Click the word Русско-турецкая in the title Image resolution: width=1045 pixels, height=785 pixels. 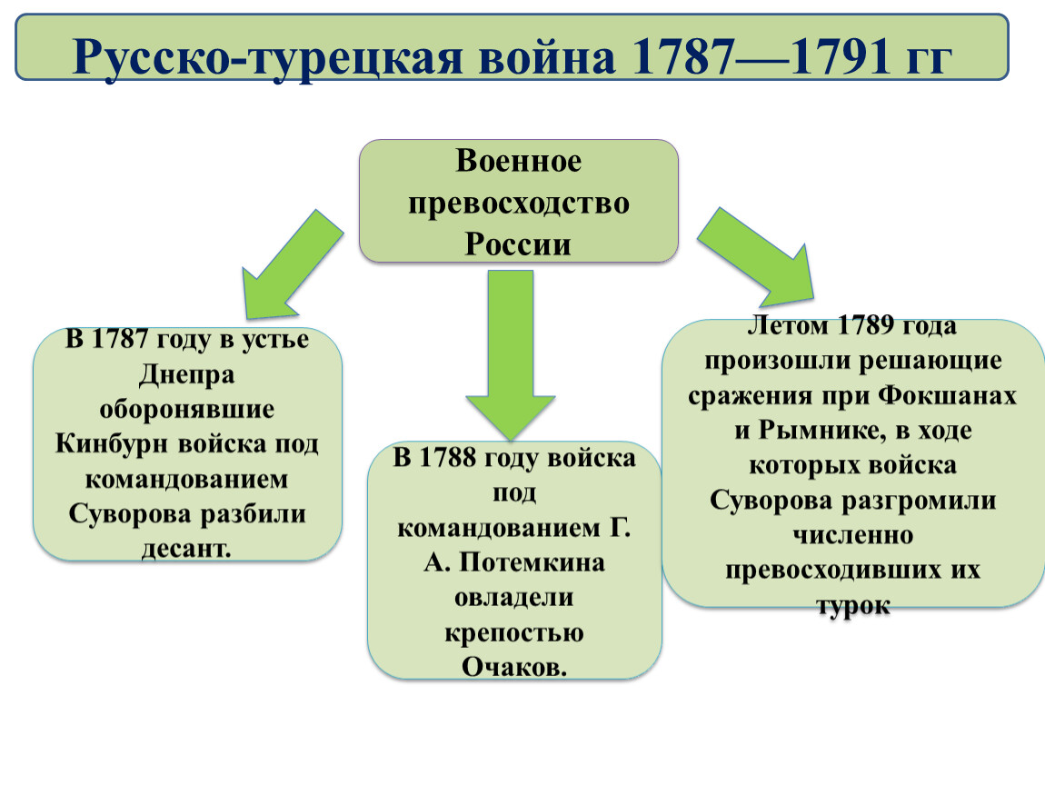tap(266, 57)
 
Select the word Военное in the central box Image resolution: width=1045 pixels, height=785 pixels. tap(519, 161)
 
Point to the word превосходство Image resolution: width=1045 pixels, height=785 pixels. tap(519, 204)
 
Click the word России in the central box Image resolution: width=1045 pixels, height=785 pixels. tap(518, 243)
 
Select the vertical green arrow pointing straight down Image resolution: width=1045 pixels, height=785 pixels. tap(511, 354)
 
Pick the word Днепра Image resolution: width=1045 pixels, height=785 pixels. tap(186, 374)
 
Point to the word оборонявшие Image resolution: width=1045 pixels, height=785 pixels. tap(186, 409)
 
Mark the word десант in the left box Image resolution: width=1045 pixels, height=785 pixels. tap(184, 549)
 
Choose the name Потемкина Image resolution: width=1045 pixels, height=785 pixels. tap(532, 562)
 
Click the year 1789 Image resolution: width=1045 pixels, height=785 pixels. tap(865, 325)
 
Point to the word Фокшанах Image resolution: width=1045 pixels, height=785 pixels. tap(946, 395)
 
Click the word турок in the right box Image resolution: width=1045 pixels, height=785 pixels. tap(853, 605)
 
